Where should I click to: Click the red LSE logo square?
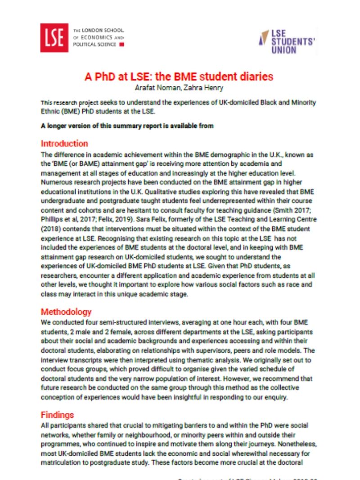(54, 38)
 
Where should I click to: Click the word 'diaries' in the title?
(256, 76)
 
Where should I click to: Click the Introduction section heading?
(64, 144)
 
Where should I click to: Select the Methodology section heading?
(66, 312)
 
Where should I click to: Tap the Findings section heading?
(57, 415)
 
